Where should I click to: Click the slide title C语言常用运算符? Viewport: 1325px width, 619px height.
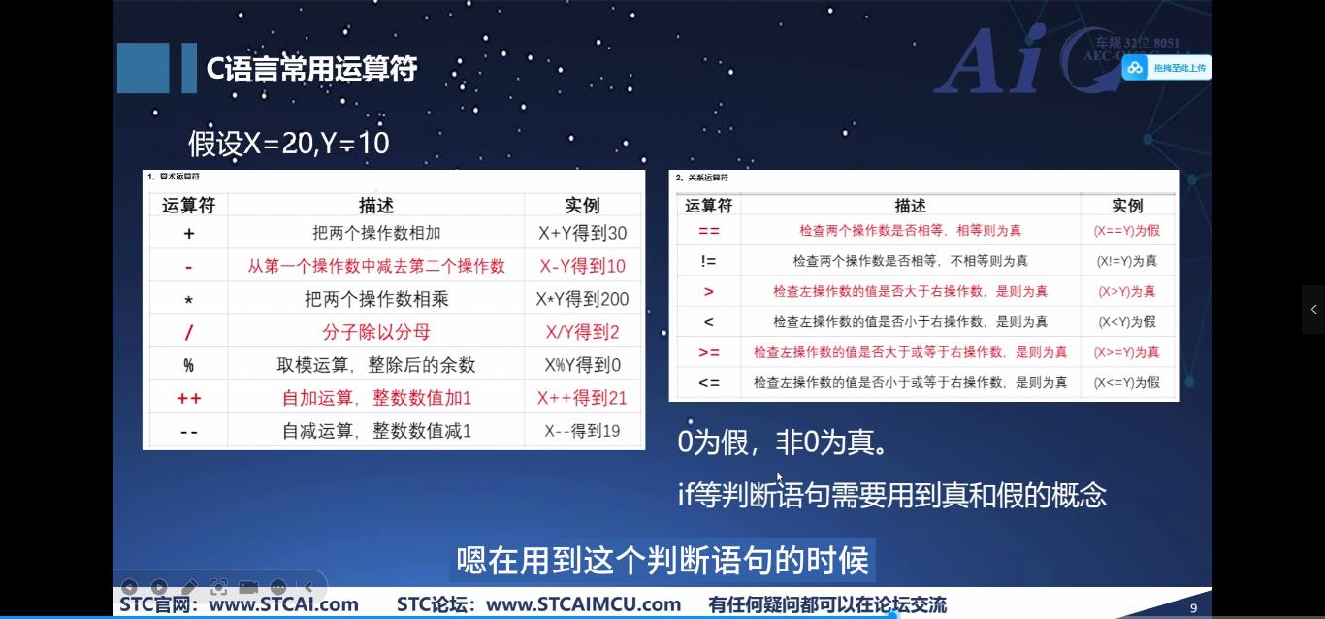[311, 69]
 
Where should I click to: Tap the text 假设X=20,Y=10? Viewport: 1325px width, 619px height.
[288, 144]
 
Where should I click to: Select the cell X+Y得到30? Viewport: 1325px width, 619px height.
[582, 233]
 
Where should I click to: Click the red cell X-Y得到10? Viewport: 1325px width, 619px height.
[582, 266]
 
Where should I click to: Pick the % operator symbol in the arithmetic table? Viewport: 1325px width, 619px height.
[188, 365]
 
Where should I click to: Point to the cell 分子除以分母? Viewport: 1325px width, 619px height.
[376, 332]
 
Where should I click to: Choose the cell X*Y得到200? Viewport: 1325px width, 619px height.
[582, 299]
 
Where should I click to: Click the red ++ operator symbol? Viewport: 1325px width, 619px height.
[188, 398]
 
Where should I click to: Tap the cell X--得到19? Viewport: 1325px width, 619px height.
[582, 430]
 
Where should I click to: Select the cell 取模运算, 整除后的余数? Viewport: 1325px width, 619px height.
[376, 365]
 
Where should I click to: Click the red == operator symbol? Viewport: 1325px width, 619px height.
[709, 231]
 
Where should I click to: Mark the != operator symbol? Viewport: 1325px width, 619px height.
[709, 261]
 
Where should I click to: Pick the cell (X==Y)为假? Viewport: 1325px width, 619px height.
[1126, 231]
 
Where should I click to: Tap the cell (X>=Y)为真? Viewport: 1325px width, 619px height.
[1126, 352]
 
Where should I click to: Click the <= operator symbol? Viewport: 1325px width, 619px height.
[709, 382]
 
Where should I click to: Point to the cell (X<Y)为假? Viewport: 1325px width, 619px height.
[1126, 321]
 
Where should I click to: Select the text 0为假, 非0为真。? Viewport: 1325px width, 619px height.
[783, 443]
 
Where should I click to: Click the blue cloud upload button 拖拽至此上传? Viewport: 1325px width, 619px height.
[1167, 68]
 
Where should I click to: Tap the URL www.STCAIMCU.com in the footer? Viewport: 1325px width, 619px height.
[583, 604]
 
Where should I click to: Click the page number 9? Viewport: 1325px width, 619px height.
[1193, 608]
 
